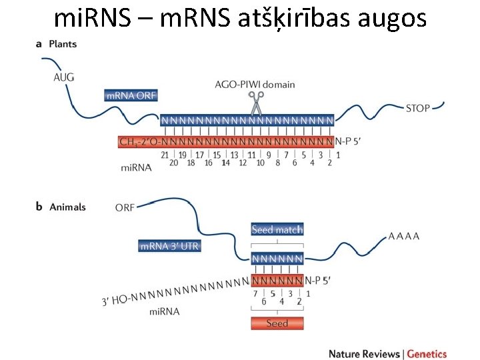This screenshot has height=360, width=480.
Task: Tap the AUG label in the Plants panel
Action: tap(64, 77)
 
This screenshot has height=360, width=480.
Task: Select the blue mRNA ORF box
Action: tap(131, 95)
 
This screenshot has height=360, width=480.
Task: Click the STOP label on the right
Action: tap(418, 108)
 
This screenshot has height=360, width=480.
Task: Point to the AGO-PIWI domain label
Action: tap(255, 85)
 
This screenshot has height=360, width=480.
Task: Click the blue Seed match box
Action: tap(277, 229)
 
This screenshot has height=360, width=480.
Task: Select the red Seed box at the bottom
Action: tap(277, 323)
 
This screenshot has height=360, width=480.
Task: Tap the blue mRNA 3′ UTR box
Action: tap(169, 246)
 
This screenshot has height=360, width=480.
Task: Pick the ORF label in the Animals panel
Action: tap(125, 207)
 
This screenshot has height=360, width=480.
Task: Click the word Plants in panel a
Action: tap(63, 44)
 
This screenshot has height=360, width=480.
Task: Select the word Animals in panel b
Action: tap(67, 207)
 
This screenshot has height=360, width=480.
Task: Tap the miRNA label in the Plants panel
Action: tap(136, 167)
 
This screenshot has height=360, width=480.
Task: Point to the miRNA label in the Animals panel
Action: tap(165, 311)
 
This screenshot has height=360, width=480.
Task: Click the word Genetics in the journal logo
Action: tap(427, 354)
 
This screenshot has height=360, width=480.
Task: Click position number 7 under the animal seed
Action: tap(255, 293)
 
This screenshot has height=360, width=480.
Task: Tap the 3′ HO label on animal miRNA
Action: tap(115, 300)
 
